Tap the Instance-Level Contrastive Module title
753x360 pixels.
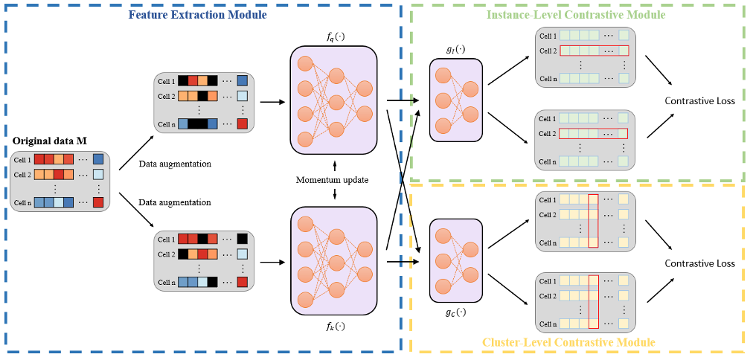tap(576, 14)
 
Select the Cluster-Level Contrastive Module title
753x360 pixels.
tap(569, 341)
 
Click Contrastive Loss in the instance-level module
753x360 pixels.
tap(699, 101)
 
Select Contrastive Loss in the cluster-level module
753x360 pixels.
tap(699, 263)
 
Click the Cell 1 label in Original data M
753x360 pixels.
tap(22, 159)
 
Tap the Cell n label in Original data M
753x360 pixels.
tap(22, 202)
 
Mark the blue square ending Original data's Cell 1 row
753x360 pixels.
tap(98, 159)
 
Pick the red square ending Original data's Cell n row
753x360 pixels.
tap(98, 202)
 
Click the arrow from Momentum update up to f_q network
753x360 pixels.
tap(335, 165)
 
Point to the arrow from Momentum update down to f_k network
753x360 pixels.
tap(335, 193)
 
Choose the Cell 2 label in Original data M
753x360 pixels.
tap(22, 175)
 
